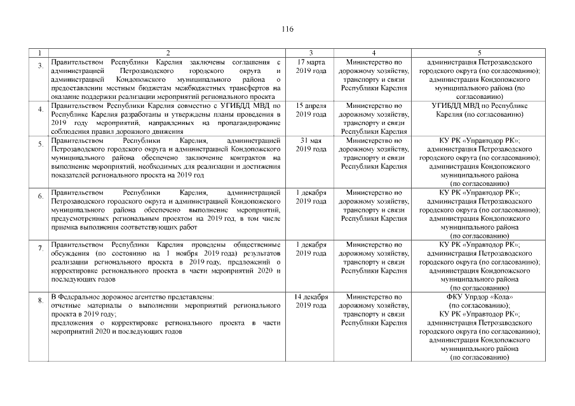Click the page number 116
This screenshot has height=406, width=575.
tap(287, 29)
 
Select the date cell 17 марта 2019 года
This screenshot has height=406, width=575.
tap(311, 66)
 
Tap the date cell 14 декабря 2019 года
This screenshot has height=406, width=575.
tap(311, 301)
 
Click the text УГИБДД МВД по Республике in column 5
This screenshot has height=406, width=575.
tap(480, 105)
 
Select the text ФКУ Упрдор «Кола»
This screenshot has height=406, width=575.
tap(480, 296)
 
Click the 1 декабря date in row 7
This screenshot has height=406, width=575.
tap(311, 244)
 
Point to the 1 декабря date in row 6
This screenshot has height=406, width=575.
tap(311, 192)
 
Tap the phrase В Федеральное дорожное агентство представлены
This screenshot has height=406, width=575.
tap(132, 296)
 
